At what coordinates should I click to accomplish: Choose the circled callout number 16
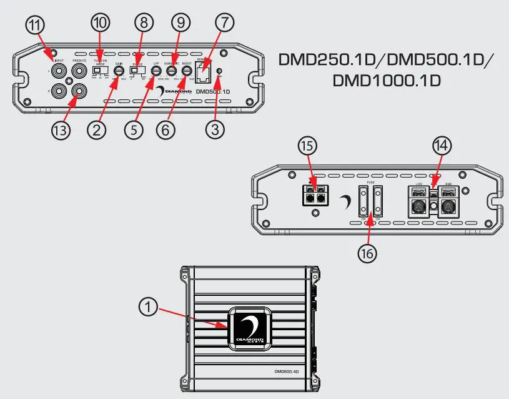coord(368,253)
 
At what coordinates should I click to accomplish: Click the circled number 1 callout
coord(149,306)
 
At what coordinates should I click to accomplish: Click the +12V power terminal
coord(418,204)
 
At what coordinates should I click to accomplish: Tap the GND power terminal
coord(448,204)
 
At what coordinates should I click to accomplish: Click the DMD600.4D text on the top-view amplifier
coord(287,371)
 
